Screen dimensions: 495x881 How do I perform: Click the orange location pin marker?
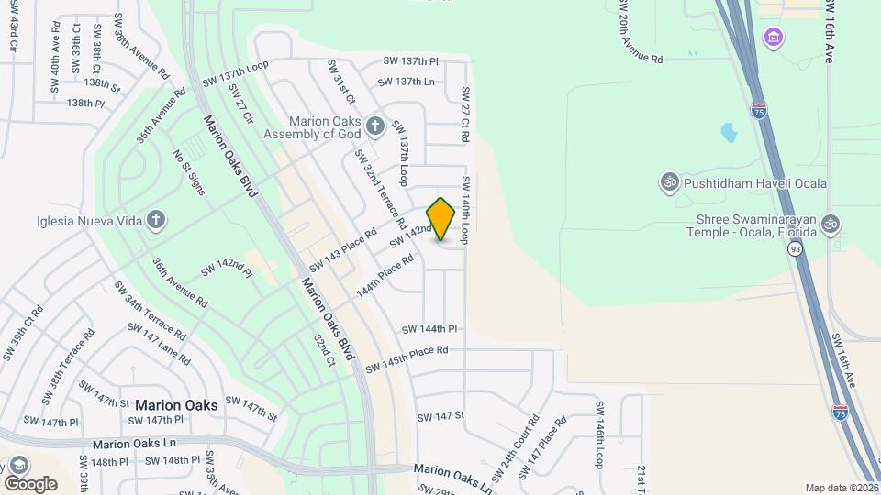point(441,219)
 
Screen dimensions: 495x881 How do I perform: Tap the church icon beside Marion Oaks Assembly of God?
point(374,125)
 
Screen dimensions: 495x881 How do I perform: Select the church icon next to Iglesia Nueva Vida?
point(156,219)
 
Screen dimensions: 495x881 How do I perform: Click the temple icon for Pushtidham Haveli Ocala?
point(669,183)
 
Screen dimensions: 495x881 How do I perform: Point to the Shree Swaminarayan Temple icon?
point(831,224)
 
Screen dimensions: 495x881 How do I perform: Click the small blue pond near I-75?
point(729,134)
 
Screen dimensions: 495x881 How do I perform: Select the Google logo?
point(30,483)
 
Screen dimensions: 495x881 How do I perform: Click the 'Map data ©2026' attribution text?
point(841,488)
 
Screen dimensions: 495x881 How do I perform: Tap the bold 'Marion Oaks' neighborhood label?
point(176,404)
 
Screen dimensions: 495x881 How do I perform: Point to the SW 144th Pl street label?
point(429,328)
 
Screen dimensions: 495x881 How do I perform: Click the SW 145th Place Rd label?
point(407,358)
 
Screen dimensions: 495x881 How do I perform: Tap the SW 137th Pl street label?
point(410,60)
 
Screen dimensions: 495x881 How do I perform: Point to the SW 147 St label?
point(441,416)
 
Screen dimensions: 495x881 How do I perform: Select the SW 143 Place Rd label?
point(342,250)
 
